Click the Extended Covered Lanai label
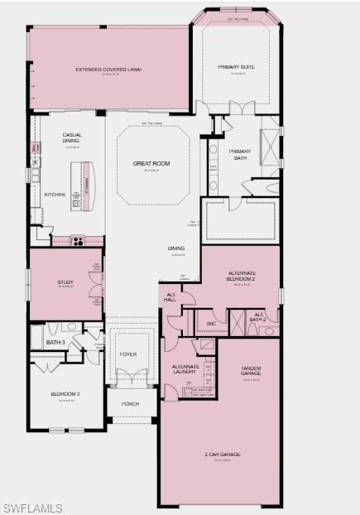(108, 70)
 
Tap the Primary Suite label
(235, 66)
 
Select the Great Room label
(151, 164)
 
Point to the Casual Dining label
(72, 138)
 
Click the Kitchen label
(55, 195)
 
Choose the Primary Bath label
(240, 155)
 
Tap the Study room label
(65, 282)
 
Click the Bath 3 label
(55, 343)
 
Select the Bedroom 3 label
(65, 394)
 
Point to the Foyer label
(128, 354)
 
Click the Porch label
(131, 404)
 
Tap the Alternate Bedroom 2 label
(241, 277)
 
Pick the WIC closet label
(211, 323)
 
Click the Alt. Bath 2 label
(257, 316)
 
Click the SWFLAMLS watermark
(31, 506)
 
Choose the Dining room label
(176, 248)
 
